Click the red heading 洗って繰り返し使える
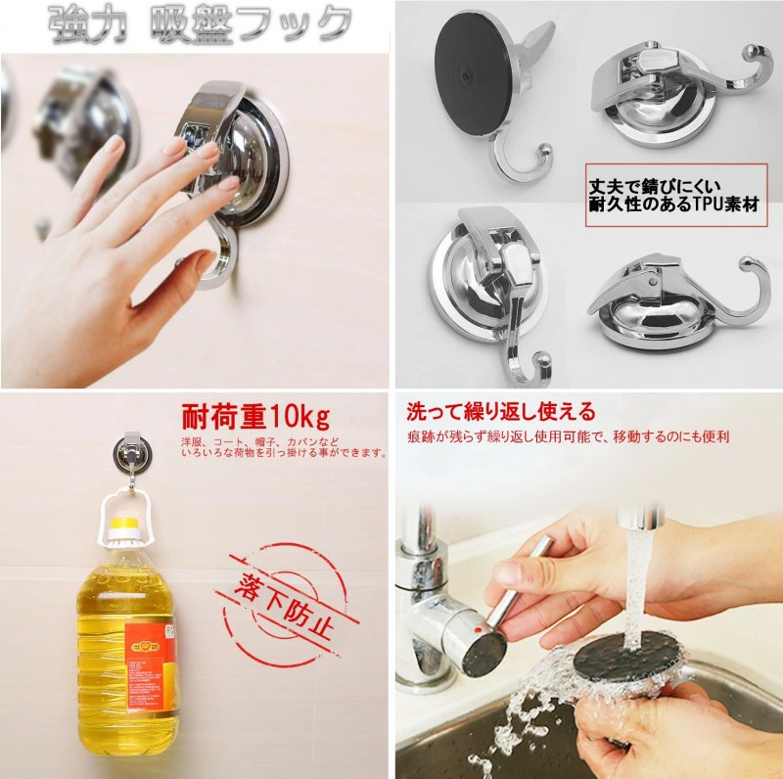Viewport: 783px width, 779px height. coord(500,412)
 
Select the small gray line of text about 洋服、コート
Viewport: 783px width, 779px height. coord(284,447)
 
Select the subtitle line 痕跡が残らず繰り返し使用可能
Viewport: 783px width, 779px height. coord(568,436)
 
